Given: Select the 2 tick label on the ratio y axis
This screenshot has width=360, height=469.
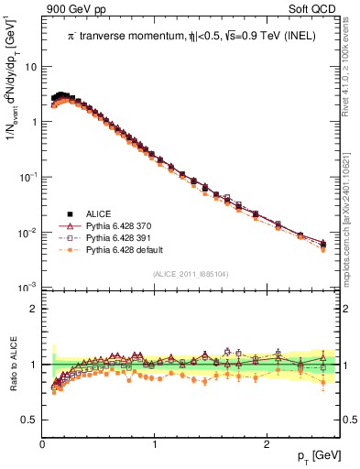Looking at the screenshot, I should point(32,309).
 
